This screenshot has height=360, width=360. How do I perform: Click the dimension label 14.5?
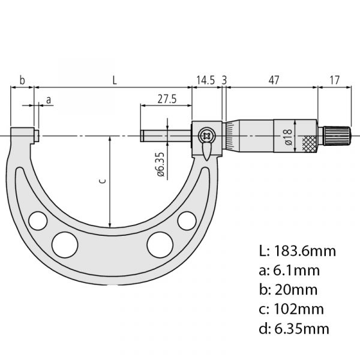pyautogui.click(x=205, y=80)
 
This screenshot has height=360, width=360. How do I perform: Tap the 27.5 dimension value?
pyautogui.click(x=167, y=99)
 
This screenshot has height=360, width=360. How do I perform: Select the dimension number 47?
pyautogui.click(x=274, y=80)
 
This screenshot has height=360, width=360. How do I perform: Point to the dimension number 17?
pyautogui.click(x=335, y=80)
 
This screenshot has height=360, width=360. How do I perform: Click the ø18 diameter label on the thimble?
pyautogui.click(x=289, y=137)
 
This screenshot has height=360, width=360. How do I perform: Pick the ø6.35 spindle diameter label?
pyautogui.click(x=161, y=164)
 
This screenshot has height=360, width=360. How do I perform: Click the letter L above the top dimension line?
pyautogui.click(x=115, y=80)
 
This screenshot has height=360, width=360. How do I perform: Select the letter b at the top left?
pyautogui.click(x=22, y=80)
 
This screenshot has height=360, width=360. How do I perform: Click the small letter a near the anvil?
pyautogui.click(x=49, y=100)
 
